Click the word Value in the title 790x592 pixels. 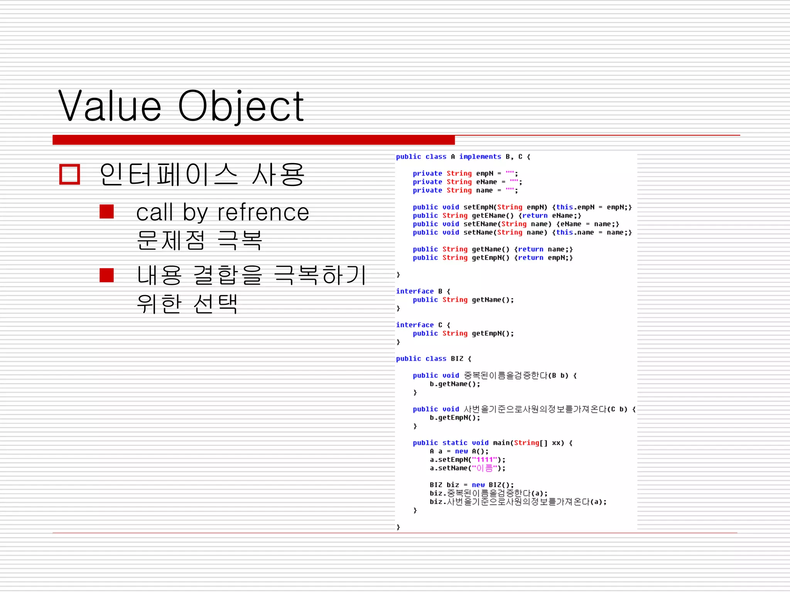click(110, 106)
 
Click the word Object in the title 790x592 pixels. click(241, 106)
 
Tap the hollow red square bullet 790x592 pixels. click(70, 175)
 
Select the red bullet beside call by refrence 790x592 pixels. click(106, 212)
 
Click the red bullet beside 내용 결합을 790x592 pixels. click(106, 275)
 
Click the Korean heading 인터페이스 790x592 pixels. click(169, 175)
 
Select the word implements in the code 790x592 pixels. click(480, 156)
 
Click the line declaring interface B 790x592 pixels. click(423, 291)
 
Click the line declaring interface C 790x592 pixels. click(423, 325)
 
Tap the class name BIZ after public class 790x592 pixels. click(457, 359)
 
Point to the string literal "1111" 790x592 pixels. click(484, 460)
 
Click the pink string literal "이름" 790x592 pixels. click(484, 468)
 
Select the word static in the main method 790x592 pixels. click(455, 443)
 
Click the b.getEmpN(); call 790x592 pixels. click(455, 418)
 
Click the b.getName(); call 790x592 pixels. click(455, 384)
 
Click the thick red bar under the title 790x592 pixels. click(253, 140)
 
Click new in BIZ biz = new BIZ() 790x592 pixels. click(478, 485)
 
